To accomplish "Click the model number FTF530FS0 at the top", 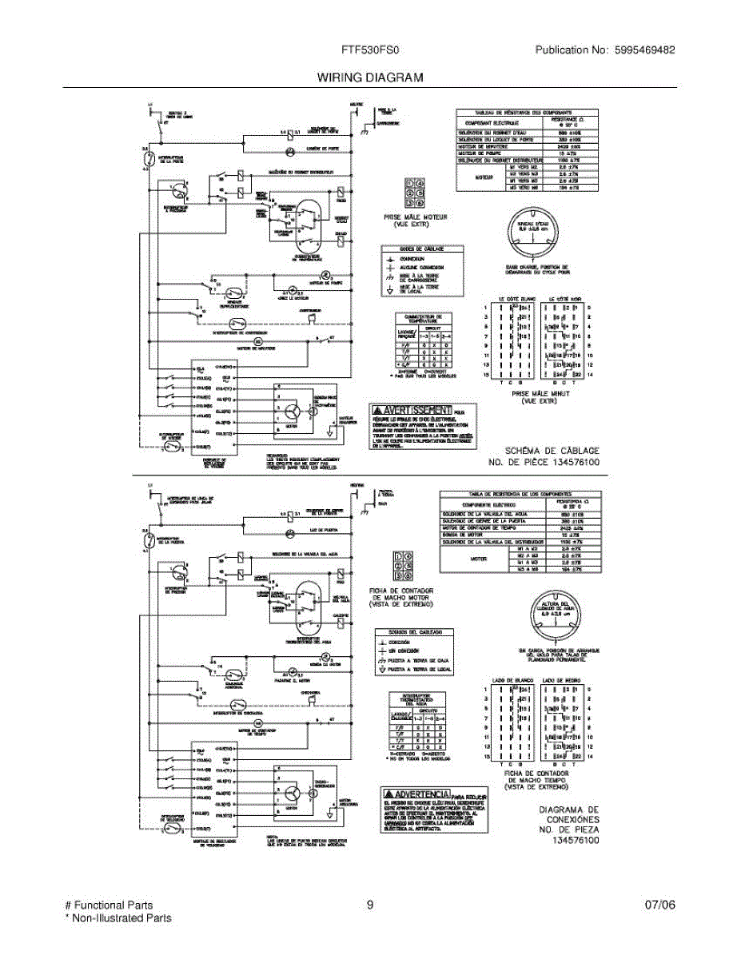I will pos(365,50).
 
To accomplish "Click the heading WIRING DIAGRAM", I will pos(369,78).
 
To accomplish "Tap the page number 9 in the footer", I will pos(370,905).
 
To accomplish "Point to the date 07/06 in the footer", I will pos(660,905).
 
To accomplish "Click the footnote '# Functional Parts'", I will pos(108,905).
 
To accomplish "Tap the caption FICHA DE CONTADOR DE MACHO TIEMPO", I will pos(536,780).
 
